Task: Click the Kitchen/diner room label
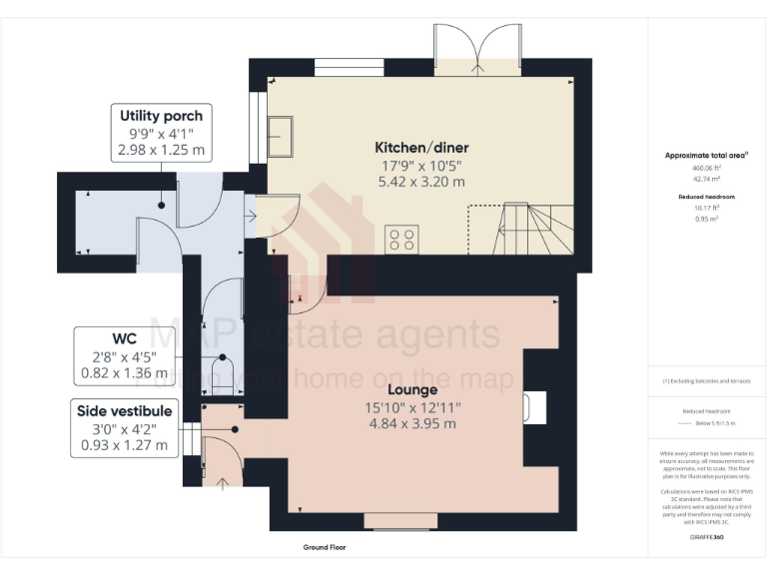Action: (420, 147)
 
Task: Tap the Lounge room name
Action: (410, 389)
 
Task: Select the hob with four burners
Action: (402, 239)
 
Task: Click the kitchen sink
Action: (281, 137)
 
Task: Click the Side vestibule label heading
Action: (125, 410)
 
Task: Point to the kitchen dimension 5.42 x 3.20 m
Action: (420, 182)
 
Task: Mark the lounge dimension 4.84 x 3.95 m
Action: (410, 423)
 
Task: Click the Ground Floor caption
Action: (325, 548)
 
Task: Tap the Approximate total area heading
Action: (705, 156)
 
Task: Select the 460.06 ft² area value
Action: (706, 169)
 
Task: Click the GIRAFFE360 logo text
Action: (706, 538)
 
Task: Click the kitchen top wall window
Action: (350, 68)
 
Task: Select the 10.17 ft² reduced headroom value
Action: (706, 208)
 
